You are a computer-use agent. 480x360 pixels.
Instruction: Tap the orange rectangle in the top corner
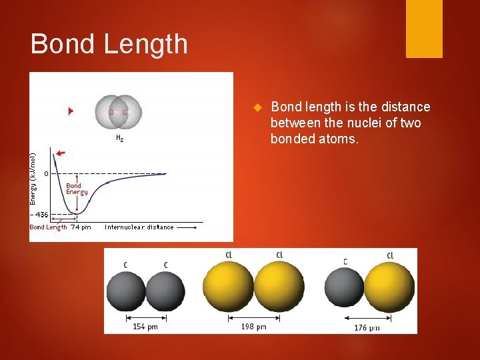(424, 29)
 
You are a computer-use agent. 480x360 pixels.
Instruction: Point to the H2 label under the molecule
(119, 139)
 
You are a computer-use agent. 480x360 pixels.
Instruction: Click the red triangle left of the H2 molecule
(71, 111)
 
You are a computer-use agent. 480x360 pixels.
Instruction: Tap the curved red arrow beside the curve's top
(60, 154)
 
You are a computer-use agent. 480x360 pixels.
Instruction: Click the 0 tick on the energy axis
(46, 173)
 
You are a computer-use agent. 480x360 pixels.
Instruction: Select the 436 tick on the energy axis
(41, 215)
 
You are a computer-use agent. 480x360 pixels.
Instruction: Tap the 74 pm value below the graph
(81, 227)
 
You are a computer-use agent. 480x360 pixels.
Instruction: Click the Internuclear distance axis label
(139, 227)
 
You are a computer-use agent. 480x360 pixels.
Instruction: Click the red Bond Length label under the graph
(48, 227)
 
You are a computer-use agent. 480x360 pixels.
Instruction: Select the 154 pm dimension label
(144, 326)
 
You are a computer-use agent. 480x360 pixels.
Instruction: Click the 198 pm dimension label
(253, 327)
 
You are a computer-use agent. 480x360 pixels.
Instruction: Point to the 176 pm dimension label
(367, 327)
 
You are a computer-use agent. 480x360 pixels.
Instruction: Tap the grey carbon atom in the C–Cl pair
(344, 290)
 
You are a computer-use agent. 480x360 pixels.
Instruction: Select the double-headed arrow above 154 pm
(145, 317)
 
